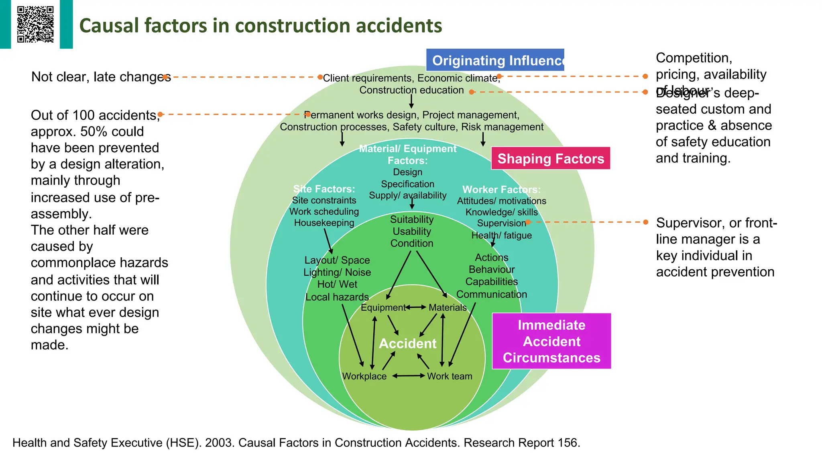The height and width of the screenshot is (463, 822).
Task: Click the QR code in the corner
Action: point(35,24)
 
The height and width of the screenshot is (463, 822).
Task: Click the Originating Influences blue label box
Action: point(495,60)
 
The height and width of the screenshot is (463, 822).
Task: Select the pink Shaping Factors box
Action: point(550,158)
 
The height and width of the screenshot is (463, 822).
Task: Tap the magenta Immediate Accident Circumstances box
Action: point(551,341)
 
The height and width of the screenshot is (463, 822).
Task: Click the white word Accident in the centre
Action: point(407,344)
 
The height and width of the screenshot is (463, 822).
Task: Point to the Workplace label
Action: point(364,376)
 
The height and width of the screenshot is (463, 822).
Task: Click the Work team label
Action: point(450,376)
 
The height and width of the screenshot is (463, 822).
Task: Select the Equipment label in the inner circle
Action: point(383,307)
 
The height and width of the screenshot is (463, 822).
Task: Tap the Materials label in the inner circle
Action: point(448,307)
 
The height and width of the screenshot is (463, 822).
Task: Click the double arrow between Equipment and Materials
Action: point(415,307)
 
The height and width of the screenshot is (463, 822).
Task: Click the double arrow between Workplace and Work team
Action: point(408,376)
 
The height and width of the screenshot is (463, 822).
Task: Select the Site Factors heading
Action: point(324,189)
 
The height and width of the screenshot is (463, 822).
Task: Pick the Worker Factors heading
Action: point(501,189)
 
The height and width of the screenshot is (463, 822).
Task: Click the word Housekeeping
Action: point(324,223)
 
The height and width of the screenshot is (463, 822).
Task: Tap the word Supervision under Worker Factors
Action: point(501,223)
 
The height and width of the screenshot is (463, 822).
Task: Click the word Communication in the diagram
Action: point(491,294)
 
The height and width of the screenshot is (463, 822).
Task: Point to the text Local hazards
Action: point(337,297)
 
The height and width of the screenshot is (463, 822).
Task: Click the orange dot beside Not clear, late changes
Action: point(165,77)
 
